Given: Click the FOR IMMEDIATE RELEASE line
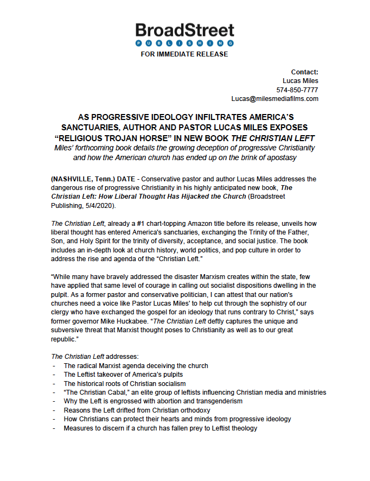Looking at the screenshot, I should point(184,54).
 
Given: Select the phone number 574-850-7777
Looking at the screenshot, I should point(297,90).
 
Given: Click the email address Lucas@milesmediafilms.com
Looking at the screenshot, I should point(275,98).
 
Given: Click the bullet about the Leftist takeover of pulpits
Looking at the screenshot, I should point(123,375).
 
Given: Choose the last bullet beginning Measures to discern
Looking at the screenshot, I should point(160,428).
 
